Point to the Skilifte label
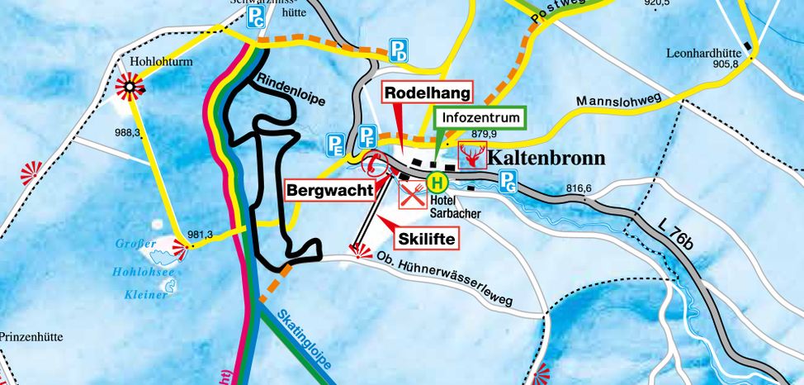[x=427, y=238]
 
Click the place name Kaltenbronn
[x=546, y=158]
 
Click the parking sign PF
[x=367, y=135]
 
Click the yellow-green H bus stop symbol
[x=437, y=182]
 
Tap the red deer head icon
[x=472, y=156]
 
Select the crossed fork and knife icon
[x=412, y=195]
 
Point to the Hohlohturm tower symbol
[x=129, y=84]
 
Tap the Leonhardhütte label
[x=706, y=55]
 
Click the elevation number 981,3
[x=200, y=235]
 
